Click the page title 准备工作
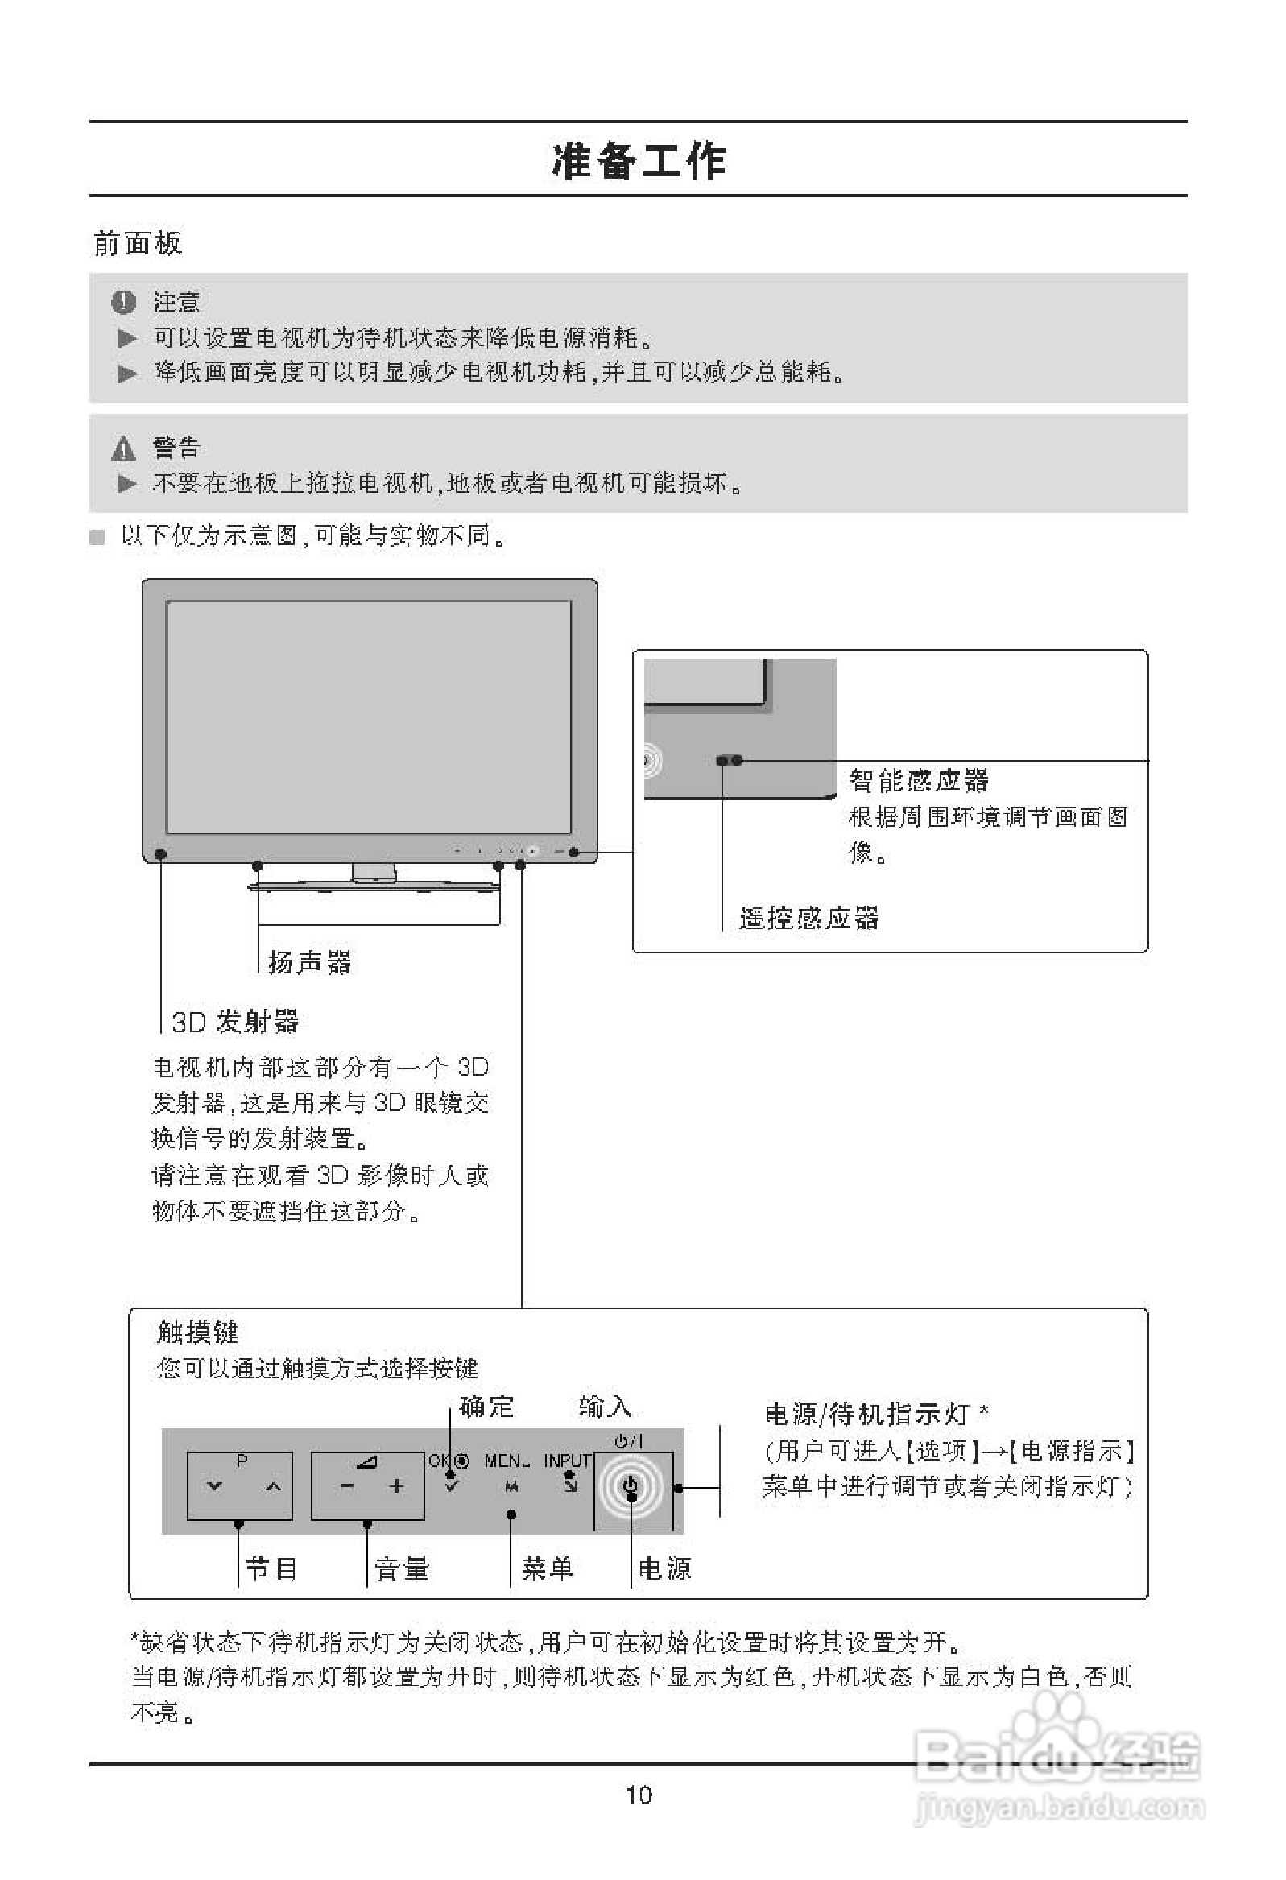639,160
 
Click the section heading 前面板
138,242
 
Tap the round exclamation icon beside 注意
123,303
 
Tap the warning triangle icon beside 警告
123,448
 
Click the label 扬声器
309,962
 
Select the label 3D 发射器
234,1022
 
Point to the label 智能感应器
919,781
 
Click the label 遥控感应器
808,918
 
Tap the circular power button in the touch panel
632,1486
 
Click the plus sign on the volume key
396,1486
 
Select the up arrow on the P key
273,1487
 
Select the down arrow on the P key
214,1487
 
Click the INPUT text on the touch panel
568,1461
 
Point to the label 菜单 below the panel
547,1568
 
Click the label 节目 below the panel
271,1568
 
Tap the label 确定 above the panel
486,1407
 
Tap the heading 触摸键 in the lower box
197,1332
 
